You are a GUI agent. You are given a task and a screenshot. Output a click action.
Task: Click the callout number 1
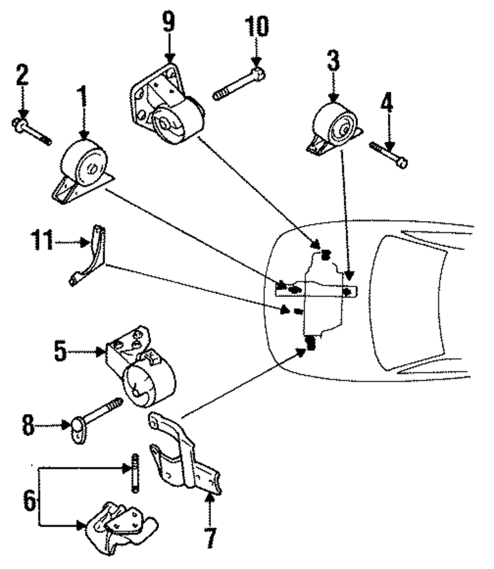click(83, 96)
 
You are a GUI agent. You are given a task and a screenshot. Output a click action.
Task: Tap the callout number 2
click(22, 75)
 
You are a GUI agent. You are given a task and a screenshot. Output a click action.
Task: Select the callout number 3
click(333, 60)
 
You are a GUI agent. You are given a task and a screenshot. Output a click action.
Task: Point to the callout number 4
click(387, 102)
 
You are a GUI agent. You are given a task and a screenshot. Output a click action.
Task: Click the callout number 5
click(60, 350)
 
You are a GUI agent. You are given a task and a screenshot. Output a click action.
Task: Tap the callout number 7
click(210, 537)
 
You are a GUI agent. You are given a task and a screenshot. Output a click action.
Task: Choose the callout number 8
click(28, 425)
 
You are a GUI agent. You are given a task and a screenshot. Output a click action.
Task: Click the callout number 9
click(168, 22)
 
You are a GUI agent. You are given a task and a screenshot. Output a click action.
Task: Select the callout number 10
click(257, 26)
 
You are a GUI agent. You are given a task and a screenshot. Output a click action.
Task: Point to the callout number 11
click(42, 239)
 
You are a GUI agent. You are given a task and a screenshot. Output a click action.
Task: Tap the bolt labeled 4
click(388, 155)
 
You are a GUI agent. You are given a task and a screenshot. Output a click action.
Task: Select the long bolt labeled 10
click(239, 84)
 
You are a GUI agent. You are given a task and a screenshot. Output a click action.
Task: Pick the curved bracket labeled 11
click(87, 255)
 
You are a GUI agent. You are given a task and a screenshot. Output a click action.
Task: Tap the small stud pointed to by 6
click(135, 473)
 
